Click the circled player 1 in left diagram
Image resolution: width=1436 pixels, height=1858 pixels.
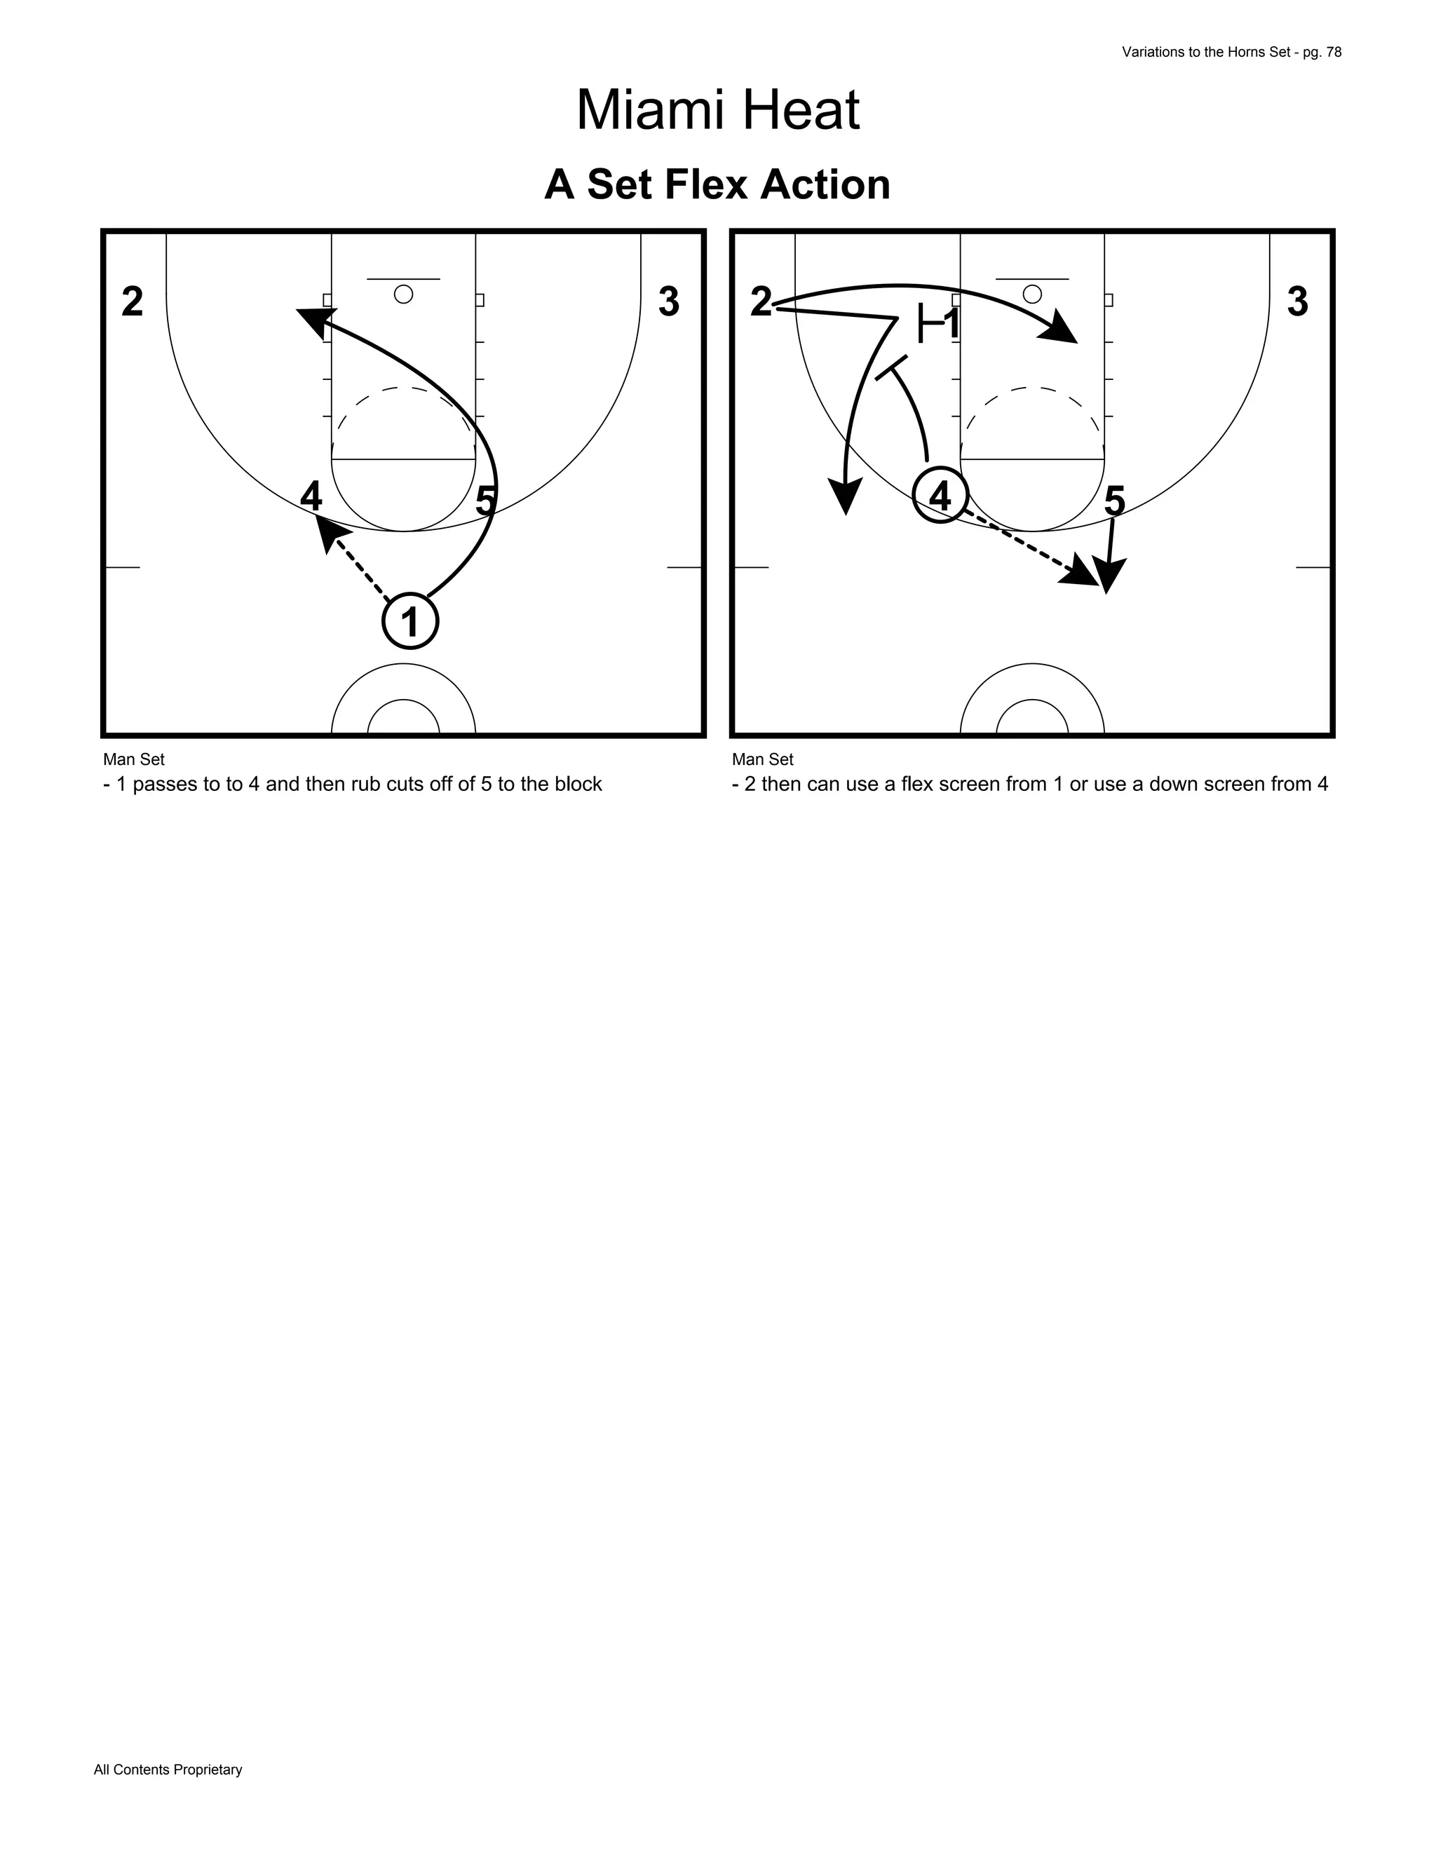410,622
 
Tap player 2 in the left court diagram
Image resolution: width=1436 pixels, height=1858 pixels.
132,302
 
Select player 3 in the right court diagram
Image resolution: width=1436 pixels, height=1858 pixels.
1296,302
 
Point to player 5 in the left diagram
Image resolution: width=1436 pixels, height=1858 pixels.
485,500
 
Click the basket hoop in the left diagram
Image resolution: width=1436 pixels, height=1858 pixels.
403,294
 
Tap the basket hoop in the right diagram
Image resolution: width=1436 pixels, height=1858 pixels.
1032,294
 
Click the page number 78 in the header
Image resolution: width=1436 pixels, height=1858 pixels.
1333,52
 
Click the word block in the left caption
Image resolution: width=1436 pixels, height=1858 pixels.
578,785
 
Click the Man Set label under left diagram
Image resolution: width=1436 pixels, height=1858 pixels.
133,759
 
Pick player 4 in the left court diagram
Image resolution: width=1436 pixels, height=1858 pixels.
311,497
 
